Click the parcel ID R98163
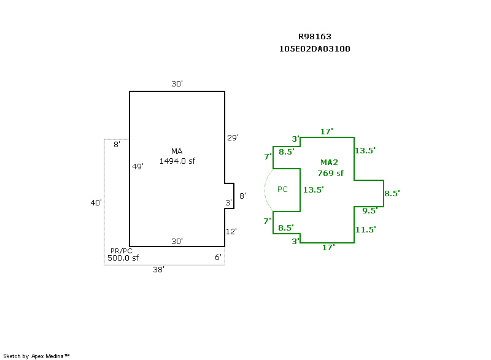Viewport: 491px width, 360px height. tap(315, 37)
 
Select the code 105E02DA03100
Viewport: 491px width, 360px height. tap(315, 49)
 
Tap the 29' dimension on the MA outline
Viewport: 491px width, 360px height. tap(233, 137)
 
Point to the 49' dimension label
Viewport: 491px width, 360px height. tap(138, 166)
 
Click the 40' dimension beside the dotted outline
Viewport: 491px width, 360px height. tap(96, 202)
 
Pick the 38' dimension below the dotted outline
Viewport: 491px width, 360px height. tap(158, 269)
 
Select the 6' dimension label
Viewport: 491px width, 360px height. tap(218, 258)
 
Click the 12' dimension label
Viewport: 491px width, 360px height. tap(231, 231)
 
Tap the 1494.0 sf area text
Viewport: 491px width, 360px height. tap(177, 161)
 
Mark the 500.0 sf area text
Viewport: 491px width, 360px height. tap(123, 258)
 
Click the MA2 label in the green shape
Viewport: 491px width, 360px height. tap(330, 163)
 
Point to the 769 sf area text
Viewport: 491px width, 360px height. tap(330, 174)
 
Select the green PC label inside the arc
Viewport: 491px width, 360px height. tap(282, 190)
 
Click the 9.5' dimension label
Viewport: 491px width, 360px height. tap(369, 211)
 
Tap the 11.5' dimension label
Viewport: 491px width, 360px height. tap(365, 230)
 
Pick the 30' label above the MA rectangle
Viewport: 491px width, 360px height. tap(177, 84)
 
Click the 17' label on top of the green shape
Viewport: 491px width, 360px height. tap(327, 131)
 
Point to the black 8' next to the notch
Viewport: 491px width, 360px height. tap(242, 196)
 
